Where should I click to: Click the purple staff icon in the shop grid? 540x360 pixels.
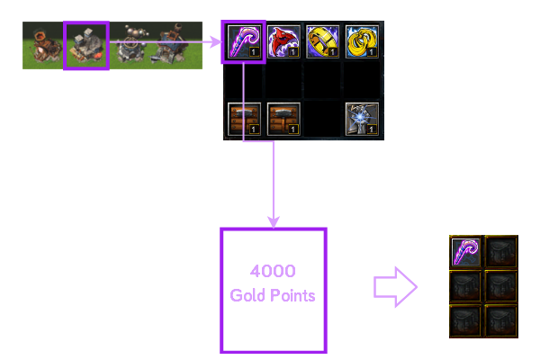tap(243, 41)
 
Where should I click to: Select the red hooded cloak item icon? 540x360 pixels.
tap(283, 41)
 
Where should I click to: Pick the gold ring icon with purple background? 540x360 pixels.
tap(322, 41)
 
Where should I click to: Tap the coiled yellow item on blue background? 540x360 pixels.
tap(362, 41)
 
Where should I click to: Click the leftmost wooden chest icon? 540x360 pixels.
tap(245, 119)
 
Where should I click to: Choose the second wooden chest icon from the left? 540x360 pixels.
tap(283, 119)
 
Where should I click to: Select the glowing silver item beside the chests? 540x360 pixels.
tap(362, 119)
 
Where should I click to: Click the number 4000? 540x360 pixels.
tap(273, 271)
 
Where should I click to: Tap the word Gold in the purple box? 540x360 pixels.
tap(247, 295)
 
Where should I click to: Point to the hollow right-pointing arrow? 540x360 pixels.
tap(395, 288)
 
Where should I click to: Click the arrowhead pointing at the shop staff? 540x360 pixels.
tap(216, 41)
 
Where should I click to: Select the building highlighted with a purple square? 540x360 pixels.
tap(86, 46)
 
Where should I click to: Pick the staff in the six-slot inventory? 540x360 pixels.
tap(466, 251)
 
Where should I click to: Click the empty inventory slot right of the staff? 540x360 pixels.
tap(500, 251)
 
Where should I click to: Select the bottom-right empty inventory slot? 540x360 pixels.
tap(500, 319)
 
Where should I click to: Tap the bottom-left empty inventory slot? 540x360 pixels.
tap(466, 319)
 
